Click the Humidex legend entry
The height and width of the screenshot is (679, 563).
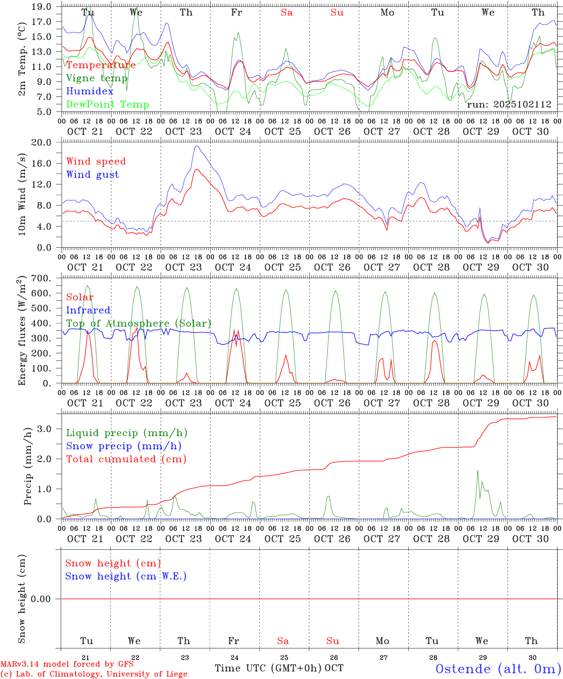[90, 91]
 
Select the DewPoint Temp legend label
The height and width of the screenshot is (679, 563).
[108, 104]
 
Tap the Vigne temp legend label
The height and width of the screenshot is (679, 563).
[97, 78]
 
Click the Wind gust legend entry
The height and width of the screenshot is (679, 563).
[92, 174]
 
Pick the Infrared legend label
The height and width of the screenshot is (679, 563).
[88, 310]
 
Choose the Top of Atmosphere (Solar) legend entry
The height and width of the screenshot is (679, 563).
[139, 323]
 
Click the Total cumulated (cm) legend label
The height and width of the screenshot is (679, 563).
[126, 459]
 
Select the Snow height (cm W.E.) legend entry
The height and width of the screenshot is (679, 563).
[126, 576]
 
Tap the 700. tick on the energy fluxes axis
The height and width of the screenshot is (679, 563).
[41, 278]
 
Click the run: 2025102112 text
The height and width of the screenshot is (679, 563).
[509, 104]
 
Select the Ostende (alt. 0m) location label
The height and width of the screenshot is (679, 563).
[498, 669]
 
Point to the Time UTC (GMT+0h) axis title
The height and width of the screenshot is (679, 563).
[268, 668]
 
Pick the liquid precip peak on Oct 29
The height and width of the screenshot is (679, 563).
[478, 470]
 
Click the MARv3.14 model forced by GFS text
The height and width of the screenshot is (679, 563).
[67, 664]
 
